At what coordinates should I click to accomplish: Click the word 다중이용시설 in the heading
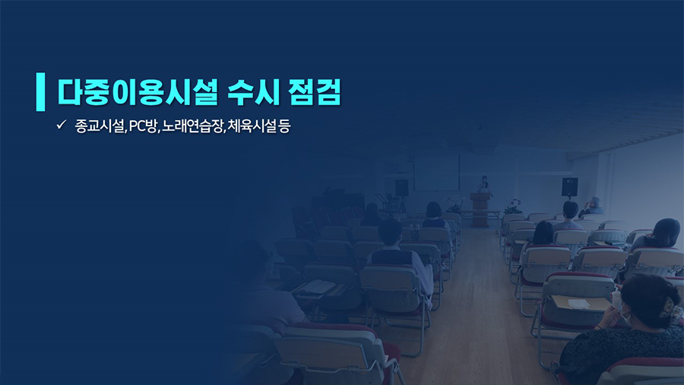click(138, 92)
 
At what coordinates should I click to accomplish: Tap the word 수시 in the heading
click(253, 92)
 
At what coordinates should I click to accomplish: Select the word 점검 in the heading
click(315, 92)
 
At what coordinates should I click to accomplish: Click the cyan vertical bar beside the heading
click(40, 91)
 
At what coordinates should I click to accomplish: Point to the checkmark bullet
click(61, 125)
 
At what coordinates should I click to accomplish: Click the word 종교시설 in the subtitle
click(100, 126)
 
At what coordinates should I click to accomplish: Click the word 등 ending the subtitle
click(284, 126)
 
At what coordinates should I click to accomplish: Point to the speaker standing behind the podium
click(483, 184)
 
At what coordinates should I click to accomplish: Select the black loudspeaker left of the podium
click(402, 188)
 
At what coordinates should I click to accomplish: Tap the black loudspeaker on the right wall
click(569, 187)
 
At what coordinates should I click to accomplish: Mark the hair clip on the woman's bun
click(667, 307)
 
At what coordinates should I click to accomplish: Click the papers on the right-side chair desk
click(578, 303)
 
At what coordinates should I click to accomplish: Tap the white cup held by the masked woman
click(616, 300)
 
